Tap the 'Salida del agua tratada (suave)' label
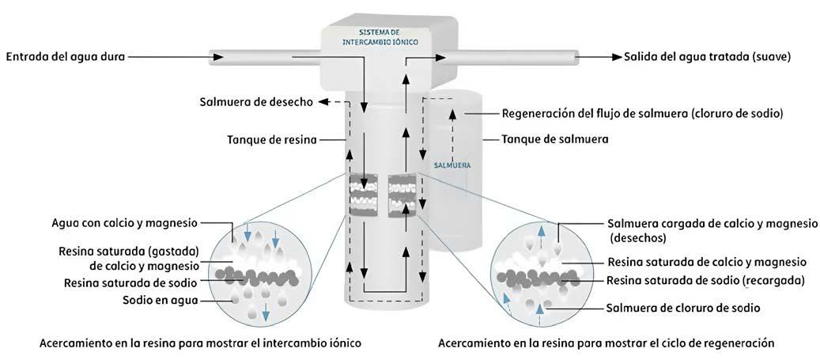point(707,57)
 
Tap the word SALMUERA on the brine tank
point(452,165)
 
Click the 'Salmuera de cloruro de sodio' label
point(682,308)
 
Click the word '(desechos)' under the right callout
point(638,237)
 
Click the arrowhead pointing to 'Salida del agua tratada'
point(614,57)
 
